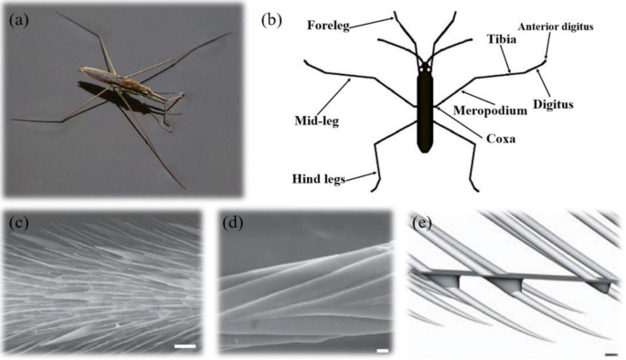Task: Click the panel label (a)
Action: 18,20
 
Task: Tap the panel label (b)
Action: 271,20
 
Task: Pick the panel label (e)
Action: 422,224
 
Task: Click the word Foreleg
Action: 328,26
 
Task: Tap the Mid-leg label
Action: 316,121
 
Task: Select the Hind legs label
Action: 319,178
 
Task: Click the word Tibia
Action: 502,39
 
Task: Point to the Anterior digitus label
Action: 556,26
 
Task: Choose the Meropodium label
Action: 490,111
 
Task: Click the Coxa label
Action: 501,139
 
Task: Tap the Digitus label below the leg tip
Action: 553,104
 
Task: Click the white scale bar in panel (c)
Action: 185,346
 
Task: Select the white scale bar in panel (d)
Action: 383,351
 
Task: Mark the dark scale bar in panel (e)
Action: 610,354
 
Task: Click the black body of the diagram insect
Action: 425,111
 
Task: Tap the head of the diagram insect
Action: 425,67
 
